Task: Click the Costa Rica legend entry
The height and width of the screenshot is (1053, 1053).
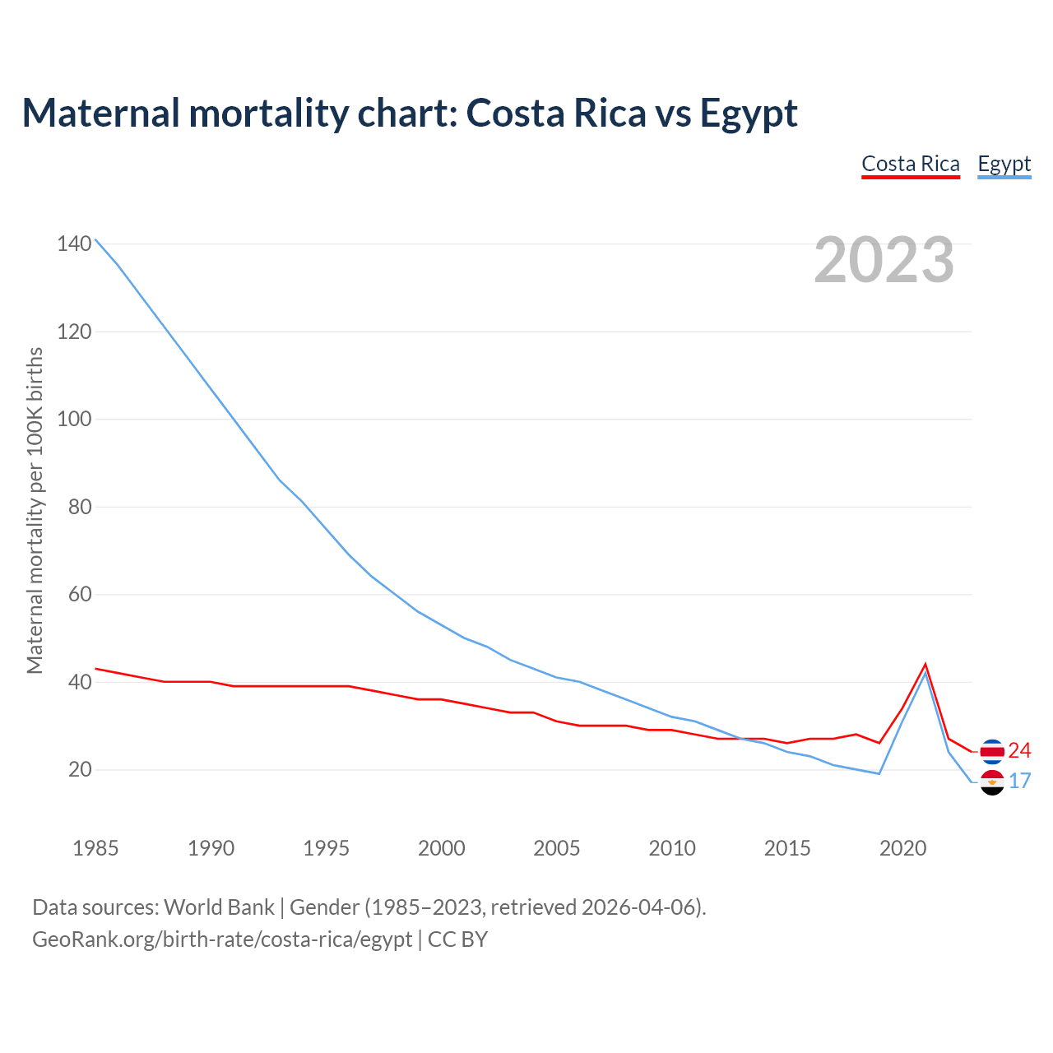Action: (x=911, y=164)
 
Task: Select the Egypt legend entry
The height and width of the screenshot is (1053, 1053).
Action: (x=1004, y=164)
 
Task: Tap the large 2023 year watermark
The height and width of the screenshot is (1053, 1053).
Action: (x=884, y=260)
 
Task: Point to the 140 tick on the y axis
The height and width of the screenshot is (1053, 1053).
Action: (x=74, y=244)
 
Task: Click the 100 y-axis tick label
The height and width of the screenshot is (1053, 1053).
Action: (x=74, y=419)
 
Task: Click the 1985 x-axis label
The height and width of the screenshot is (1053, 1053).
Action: (x=95, y=848)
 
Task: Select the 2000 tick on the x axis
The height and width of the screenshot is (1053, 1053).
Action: (x=442, y=848)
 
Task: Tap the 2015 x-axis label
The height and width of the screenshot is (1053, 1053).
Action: (x=787, y=848)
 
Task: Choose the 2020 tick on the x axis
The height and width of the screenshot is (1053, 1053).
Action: (x=902, y=848)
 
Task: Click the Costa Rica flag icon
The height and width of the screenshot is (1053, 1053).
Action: (x=992, y=751)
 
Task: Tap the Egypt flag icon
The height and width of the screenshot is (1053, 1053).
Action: (x=992, y=782)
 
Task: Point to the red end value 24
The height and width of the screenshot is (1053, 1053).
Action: (x=1019, y=750)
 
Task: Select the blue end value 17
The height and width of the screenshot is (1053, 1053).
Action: (x=1019, y=781)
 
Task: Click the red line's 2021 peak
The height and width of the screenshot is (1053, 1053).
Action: (x=925, y=664)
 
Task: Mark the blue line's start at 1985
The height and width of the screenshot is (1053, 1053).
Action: (x=96, y=239)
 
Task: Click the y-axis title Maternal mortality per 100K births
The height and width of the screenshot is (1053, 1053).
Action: (x=35, y=510)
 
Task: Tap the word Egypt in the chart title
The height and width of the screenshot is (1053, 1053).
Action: (x=749, y=113)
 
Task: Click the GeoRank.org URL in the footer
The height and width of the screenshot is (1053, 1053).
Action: (x=222, y=939)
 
